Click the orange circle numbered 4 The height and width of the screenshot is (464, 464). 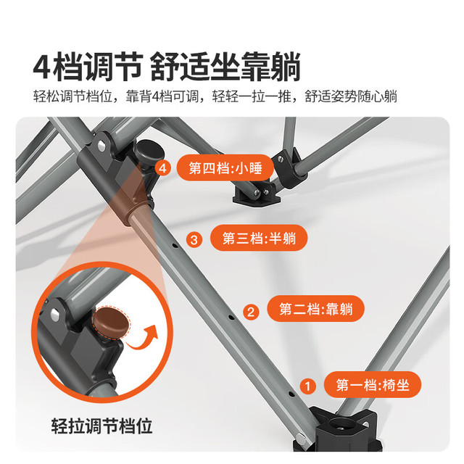tap(162, 168)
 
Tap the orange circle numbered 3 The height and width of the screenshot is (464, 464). tap(194, 239)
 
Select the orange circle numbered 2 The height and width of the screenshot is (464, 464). tap(251, 312)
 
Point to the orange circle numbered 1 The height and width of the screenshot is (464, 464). tap(307, 386)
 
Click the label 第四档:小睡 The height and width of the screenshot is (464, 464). tap(225, 167)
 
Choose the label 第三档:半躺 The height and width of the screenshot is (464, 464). tap(259, 238)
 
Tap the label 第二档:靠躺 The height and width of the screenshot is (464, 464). tap(315, 309)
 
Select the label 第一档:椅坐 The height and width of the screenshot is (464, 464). tap(372, 385)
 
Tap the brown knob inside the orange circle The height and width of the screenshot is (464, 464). tap(111, 323)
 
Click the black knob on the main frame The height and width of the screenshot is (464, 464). tap(149, 152)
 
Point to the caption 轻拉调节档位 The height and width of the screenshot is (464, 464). tap(101, 426)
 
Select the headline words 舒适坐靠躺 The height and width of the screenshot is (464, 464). tap(225, 66)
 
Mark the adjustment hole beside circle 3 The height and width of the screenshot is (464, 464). tap(175, 245)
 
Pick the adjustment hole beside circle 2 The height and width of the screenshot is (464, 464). tap(231, 318)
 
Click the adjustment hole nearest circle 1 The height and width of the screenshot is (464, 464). tap(291, 394)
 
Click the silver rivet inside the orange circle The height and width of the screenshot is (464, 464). tap(55, 314)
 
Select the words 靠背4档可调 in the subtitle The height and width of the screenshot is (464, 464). tap(162, 96)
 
